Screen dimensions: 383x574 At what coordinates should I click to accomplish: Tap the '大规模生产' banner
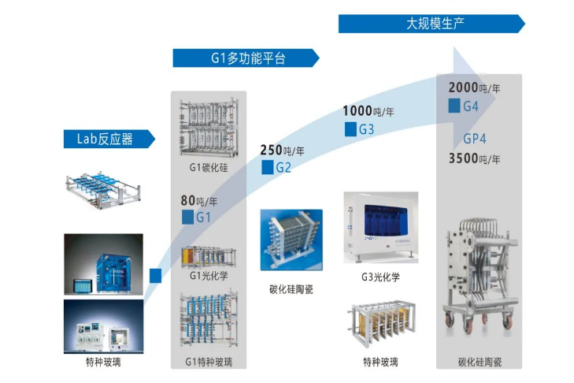pyautogui.click(x=431, y=24)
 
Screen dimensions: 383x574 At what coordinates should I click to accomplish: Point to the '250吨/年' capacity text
pyautogui.click(x=281, y=150)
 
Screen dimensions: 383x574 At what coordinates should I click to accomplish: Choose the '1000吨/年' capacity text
pyautogui.click(x=368, y=111)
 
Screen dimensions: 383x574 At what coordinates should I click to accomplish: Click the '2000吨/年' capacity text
pyautogui.click(x=474, y=88)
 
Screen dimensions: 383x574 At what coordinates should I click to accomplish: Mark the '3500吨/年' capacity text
pyautogui.click(x=474, y=158)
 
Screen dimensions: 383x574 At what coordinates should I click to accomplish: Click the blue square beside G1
pyautogui.click(x=187, y=217)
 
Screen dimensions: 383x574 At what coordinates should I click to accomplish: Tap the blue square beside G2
pyautogui.click(x=268, y=167)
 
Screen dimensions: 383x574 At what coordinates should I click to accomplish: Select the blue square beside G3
pyautogui.click(x=350, y=128)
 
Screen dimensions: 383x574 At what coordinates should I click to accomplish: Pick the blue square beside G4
pyautogui.click(x=454, y=106)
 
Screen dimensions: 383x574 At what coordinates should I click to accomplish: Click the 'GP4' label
pyautogui.click(x=474, y=139)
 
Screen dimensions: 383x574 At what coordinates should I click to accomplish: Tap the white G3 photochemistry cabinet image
pyautogui.click(x=380, y=227)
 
